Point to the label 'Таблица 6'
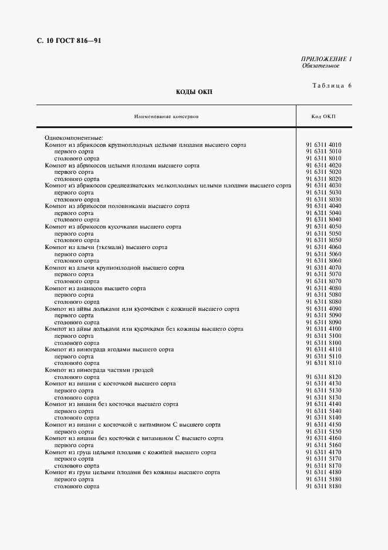331,86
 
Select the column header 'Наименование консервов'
166,116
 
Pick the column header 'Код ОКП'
323,116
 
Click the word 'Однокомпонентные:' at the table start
69,138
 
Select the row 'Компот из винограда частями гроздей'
99,370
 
